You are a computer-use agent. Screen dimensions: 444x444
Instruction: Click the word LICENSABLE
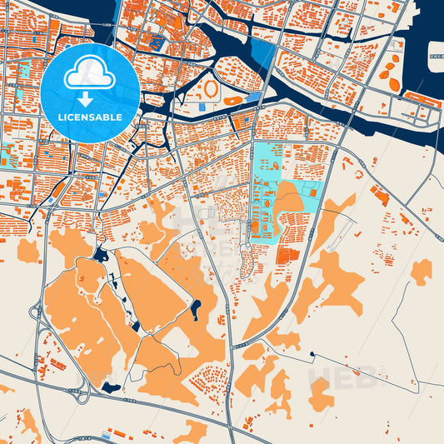[x=89, y=117]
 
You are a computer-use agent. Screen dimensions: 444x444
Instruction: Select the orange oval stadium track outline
[x=212, y=87]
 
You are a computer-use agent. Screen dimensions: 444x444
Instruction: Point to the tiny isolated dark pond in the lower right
[x=312, y=354]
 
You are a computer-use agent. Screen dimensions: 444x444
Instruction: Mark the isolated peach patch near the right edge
[x=421, y=271]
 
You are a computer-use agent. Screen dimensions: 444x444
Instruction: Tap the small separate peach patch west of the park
[x=28, y=249]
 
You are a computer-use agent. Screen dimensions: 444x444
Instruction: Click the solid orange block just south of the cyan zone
[x=288, y=255]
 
